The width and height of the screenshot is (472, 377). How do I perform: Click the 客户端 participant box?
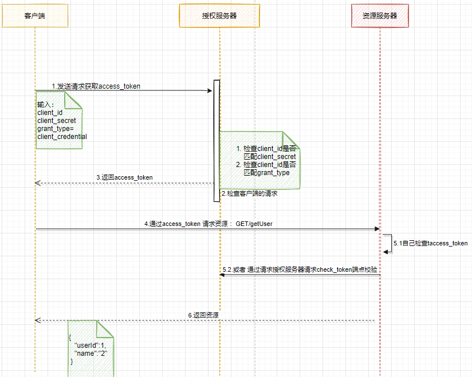(34, 15)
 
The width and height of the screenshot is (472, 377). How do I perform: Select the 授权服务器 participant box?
(219, 15)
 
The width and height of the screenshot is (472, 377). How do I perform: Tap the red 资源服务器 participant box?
(380, 15)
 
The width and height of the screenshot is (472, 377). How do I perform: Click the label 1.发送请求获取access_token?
(96, 86)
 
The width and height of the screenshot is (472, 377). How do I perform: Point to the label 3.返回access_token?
(124, 177)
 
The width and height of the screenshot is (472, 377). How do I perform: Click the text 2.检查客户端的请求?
(249, 194)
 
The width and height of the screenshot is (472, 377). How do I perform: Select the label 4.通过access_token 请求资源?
(208, 224)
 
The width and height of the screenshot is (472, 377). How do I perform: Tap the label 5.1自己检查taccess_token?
(430, 243)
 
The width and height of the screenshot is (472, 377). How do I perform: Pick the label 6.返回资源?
(203, 315)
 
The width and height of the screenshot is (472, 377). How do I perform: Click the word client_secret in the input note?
(56, 121)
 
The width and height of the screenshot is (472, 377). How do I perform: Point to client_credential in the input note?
(62, 137)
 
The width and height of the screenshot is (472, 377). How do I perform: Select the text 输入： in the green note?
(45, 105)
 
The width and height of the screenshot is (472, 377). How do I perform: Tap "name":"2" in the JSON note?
(91, 354)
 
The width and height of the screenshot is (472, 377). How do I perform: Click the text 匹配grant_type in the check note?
(266, 172)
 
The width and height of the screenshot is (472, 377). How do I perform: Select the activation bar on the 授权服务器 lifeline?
(217, 140)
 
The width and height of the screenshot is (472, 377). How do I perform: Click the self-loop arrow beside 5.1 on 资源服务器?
(388, 243)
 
